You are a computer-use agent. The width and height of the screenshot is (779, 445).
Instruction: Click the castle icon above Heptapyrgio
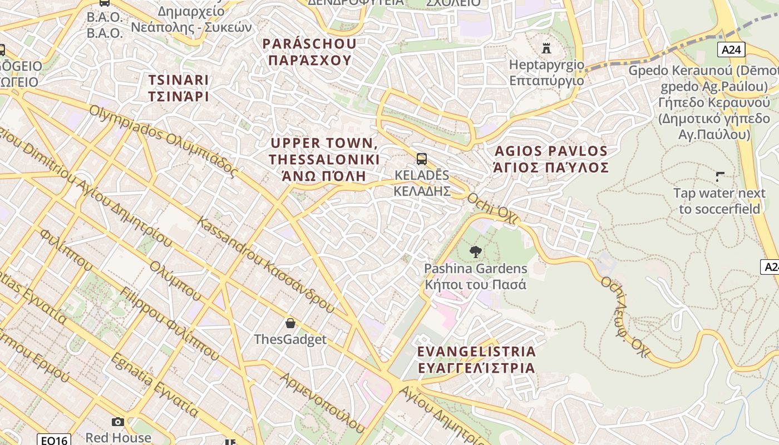coord(546,48)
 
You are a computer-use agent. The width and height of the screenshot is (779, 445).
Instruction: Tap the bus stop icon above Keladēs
coord(422,159)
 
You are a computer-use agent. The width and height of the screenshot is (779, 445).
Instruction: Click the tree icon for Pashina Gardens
coord(475,252)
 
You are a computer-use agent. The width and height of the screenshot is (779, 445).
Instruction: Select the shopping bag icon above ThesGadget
coord(290,323)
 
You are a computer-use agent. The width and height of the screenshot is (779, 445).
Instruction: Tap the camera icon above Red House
coord(118,422)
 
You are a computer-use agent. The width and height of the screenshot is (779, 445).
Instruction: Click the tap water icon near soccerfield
coord(720,177)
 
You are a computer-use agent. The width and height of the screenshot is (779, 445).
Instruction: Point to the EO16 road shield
coord(55,440)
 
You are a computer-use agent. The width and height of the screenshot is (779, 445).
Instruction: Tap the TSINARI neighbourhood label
coord(179,88)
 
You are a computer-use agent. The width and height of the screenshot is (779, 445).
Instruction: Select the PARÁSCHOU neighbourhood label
coord(309,52)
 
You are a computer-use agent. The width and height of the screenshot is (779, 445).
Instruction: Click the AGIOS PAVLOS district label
coord(551,159)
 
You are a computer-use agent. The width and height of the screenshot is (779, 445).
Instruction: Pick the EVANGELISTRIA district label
coord(476,359)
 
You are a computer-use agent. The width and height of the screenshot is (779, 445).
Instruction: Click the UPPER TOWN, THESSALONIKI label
coord(324,160)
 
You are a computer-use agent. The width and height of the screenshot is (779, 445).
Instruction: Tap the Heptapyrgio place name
coord(547,73)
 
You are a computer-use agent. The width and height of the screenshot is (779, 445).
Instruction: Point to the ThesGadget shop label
coord(290,339)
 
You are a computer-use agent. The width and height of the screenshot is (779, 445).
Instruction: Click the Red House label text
coord(118,438)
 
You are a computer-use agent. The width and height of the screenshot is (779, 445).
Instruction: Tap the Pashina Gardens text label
coord(475,276)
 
